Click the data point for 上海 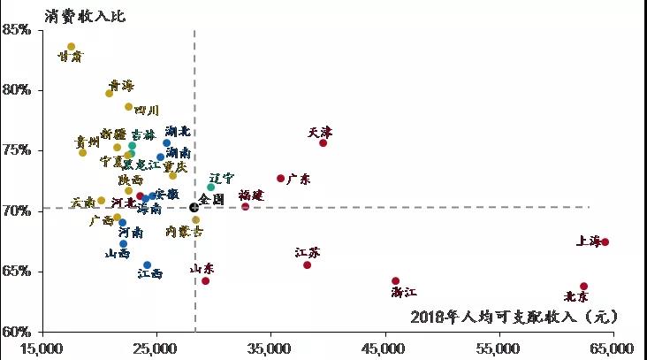pos(605,242)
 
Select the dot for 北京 pos(583,287)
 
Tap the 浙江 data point pos(395,281)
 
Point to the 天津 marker pos(323,143)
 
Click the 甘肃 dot pos(71,47)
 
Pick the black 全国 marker pos(194,207)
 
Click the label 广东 pos(299,179)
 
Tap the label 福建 pos(251,195)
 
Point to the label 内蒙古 pos(184,232)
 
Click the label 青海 pos(121,85)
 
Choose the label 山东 pos(202,268)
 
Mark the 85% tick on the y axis pos(17,29)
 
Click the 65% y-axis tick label pos(17,272)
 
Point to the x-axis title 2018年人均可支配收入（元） pos(514,316)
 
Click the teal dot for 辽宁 pos(210,188)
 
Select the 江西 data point pos(148,264)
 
